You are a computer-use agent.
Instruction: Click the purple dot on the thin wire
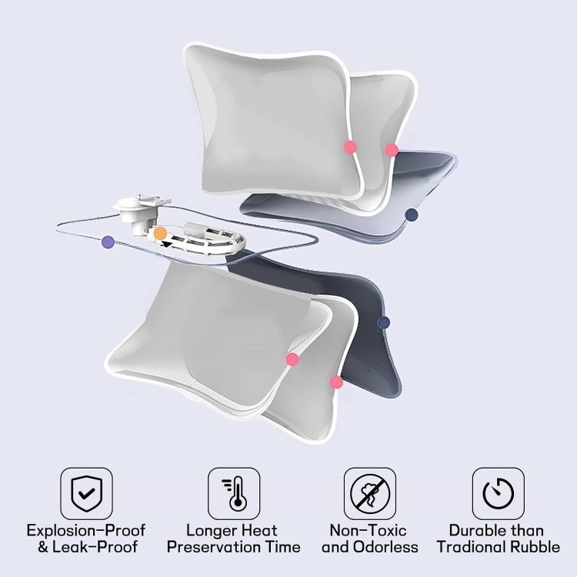[x=108, y=242]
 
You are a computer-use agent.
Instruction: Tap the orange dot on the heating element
[x=160, y=233]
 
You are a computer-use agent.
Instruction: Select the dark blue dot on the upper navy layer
[x=411, y=214]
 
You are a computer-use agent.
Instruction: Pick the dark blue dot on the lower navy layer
[x=383, y=322]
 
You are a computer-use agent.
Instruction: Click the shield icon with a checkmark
[x=86, y=493]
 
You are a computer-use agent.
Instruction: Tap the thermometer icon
[x=234, y=493]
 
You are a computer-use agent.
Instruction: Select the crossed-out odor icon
[x=370, y=493]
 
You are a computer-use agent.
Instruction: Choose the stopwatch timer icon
[x=499, y=493]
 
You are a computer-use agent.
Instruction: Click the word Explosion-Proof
[x=86, y=530]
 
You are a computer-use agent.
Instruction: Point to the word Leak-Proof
[x=95, y=547]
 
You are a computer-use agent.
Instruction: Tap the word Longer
[x=212, y=530]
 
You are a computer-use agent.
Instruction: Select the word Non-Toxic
[x=368, y=530]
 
